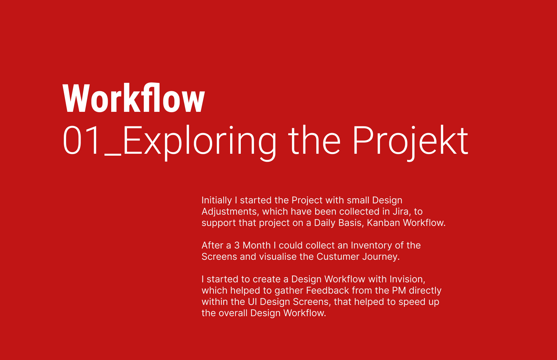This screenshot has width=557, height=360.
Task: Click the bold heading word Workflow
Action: (x=134, y=98)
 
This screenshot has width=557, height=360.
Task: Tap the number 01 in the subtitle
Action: (x=82, y=141)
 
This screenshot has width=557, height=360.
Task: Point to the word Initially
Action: (x=217, y=200)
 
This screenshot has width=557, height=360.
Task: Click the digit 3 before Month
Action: (x=237, y=246)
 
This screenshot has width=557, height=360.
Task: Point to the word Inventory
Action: (x=371, y=246)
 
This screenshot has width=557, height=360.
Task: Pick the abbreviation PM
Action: (x=399, y=290)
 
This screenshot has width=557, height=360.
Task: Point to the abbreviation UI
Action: (x=252, y=302)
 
